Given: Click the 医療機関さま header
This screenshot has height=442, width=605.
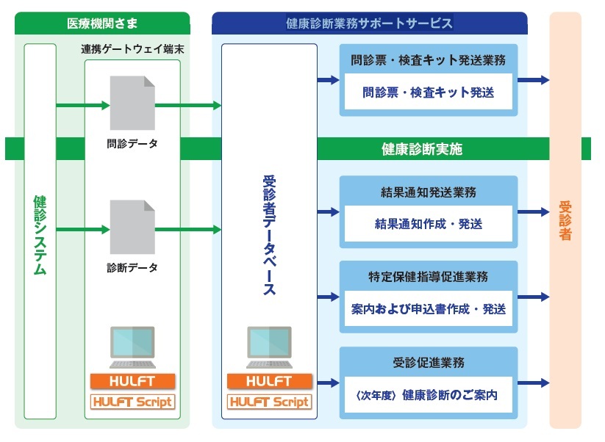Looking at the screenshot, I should click(x=101, y=22).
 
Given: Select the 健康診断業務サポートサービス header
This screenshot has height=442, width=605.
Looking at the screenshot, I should click(x=369, y=23).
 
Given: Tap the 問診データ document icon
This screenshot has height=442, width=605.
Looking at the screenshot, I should click(x=132, y=103).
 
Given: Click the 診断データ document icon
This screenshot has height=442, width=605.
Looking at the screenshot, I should click(x=132, y=227).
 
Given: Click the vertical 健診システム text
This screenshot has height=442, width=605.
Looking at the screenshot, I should click(x=40, y=235).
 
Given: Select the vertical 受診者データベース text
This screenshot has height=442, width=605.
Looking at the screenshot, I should click(x=269, y=235).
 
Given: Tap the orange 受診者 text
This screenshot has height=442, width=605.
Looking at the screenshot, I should click(x=565, y=220).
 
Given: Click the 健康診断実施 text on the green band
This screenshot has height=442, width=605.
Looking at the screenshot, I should click(x=421, y=148).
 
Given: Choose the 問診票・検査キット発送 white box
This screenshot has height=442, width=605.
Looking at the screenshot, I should click(x=429, y=93).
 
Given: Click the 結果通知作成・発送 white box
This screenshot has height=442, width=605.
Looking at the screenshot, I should click(x=429, y=224).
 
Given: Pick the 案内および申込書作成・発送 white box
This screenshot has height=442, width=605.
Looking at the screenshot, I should click(x=429, y=309).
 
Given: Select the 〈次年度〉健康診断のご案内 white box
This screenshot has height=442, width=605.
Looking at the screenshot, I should click(x=429, y=395).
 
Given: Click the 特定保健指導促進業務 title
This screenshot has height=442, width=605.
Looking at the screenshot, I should click(x=429, y=278).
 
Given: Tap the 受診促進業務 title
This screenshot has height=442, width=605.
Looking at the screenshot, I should click(x=429, y=363).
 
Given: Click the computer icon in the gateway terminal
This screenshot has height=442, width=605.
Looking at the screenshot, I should click(x=132, y=347).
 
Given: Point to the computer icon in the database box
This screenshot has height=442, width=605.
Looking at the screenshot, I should click(x=269, y=347).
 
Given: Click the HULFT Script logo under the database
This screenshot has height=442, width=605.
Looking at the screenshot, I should click(x=269, y=402).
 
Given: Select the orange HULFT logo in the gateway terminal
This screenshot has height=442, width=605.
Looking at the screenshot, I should click(x=132, y=381).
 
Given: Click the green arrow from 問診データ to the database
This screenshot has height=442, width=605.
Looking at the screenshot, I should click(x=188, y=106).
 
